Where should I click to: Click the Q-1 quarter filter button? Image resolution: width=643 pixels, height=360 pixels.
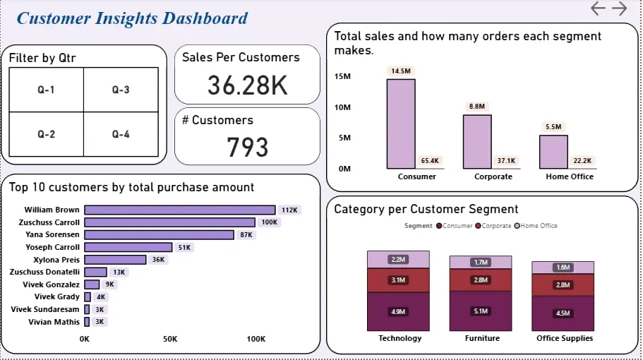46,90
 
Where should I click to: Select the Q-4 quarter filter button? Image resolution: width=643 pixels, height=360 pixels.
121,134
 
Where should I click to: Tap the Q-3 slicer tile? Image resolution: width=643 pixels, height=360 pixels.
121,90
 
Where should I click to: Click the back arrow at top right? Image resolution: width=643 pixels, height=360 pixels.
599,8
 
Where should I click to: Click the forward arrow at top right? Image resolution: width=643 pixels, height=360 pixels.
619,8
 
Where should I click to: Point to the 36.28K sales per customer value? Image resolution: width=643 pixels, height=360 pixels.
247,85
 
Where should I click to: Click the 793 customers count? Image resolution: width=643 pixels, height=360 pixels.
247,147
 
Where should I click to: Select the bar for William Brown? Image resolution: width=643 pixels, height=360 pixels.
179,210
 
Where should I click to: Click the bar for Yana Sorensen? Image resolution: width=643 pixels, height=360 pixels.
159,234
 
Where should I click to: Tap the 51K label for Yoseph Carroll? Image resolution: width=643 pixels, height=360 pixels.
184,247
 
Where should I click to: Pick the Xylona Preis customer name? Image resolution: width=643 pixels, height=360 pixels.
56,259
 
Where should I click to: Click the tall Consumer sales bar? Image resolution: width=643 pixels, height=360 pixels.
400,124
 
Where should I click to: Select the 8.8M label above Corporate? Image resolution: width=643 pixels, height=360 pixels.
476,107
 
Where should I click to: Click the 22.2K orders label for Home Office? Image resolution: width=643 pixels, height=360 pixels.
582,161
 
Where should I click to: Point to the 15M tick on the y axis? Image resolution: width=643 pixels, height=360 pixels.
342,76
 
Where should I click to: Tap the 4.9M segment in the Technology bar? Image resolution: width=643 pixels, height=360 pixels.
397,311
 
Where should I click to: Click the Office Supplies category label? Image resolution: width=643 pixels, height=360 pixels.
565,338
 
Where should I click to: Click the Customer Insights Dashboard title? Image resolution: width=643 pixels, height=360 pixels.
132,18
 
